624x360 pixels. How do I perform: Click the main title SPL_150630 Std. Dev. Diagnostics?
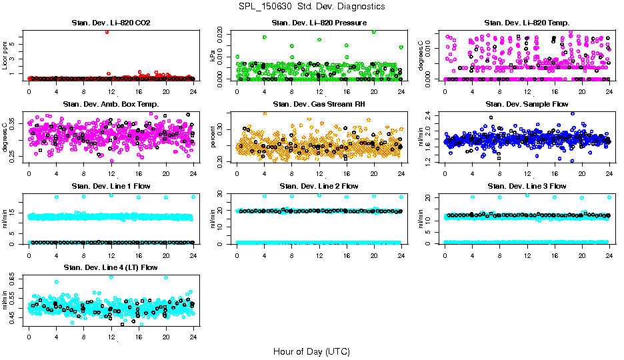tap(311, 6)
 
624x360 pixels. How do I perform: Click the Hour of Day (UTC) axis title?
tap(311, 351)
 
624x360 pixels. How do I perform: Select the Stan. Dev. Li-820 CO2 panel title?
tap(111, 23)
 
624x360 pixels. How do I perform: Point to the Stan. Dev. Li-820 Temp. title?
tap(527, 23)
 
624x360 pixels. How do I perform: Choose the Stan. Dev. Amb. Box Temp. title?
tap(111, 105)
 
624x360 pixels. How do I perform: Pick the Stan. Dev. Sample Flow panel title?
tap(527, 105)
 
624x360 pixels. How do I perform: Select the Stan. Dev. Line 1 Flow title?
tap(111, 186)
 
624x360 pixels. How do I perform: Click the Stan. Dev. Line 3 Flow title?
tap(527, 186)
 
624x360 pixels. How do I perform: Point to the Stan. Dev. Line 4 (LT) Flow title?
tap(111, 267)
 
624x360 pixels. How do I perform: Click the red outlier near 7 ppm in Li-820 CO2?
tap(107, 31)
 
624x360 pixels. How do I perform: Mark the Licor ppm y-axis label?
tap(5, 56)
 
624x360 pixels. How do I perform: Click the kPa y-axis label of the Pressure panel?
tap(213, 56)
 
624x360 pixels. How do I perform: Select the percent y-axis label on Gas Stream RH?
tap(213, 137)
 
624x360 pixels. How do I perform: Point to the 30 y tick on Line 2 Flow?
tap(222, 194)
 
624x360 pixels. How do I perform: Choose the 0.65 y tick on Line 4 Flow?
tap(14, 277)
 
